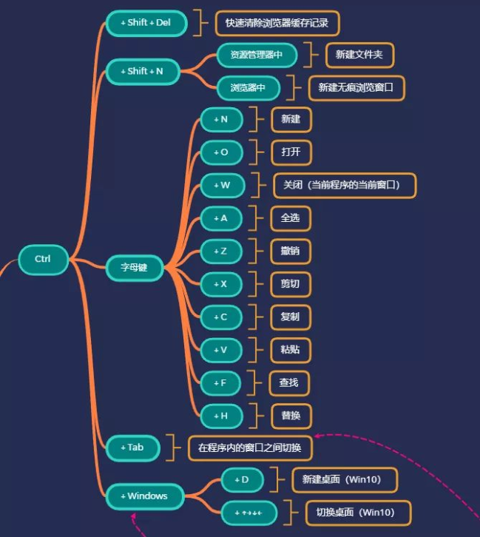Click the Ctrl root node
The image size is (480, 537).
[43, 259]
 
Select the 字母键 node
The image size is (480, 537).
[133, 267]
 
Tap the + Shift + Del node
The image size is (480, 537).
[146, 23]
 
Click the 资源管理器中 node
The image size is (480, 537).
[257, 55]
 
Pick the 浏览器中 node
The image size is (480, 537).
[249, 87]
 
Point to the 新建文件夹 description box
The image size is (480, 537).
[359, 55]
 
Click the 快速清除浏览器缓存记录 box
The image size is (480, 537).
[277, 23]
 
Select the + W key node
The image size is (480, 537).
[221, 185]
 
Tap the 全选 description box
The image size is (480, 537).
[290, 218]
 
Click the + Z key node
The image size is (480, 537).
[221, 251]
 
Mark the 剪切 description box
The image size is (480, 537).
[290, 284]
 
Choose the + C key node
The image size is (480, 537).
[221, 317]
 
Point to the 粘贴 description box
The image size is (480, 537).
[290, 350]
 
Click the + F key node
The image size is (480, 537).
[221, 382]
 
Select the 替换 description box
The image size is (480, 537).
[290, 416]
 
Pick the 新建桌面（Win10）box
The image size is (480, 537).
[345, 480]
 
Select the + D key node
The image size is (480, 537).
[242, 480]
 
